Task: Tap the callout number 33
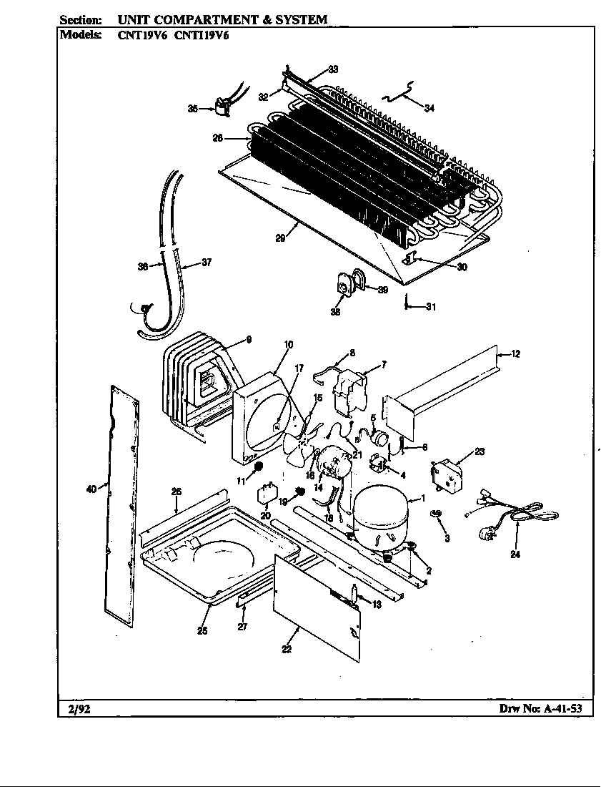[x=333, y=69]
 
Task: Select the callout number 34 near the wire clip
[x=429, y=108]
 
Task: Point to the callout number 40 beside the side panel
[x=91, y=489]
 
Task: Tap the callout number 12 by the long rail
[x=515, y=353]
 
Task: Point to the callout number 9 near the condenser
[x=249, y=340]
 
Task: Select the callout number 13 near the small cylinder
[x=377, y=605]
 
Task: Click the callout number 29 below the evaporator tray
[x=281, y=239]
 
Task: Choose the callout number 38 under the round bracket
[x=336, y=311]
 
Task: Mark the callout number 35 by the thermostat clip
[x=193, y=109]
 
